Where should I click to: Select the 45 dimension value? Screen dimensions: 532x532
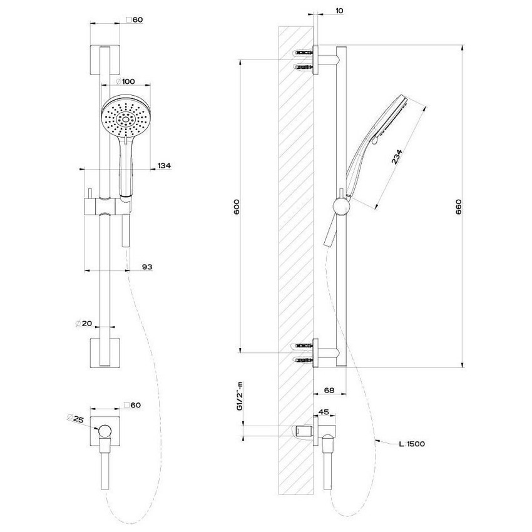coord(324,412)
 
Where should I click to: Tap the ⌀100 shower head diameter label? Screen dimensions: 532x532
coord(126,81)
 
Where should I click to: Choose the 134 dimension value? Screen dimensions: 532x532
coord(164,165)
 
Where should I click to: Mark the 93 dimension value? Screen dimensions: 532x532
coord(147,267)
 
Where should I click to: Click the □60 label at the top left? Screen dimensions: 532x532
coord(135,20)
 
